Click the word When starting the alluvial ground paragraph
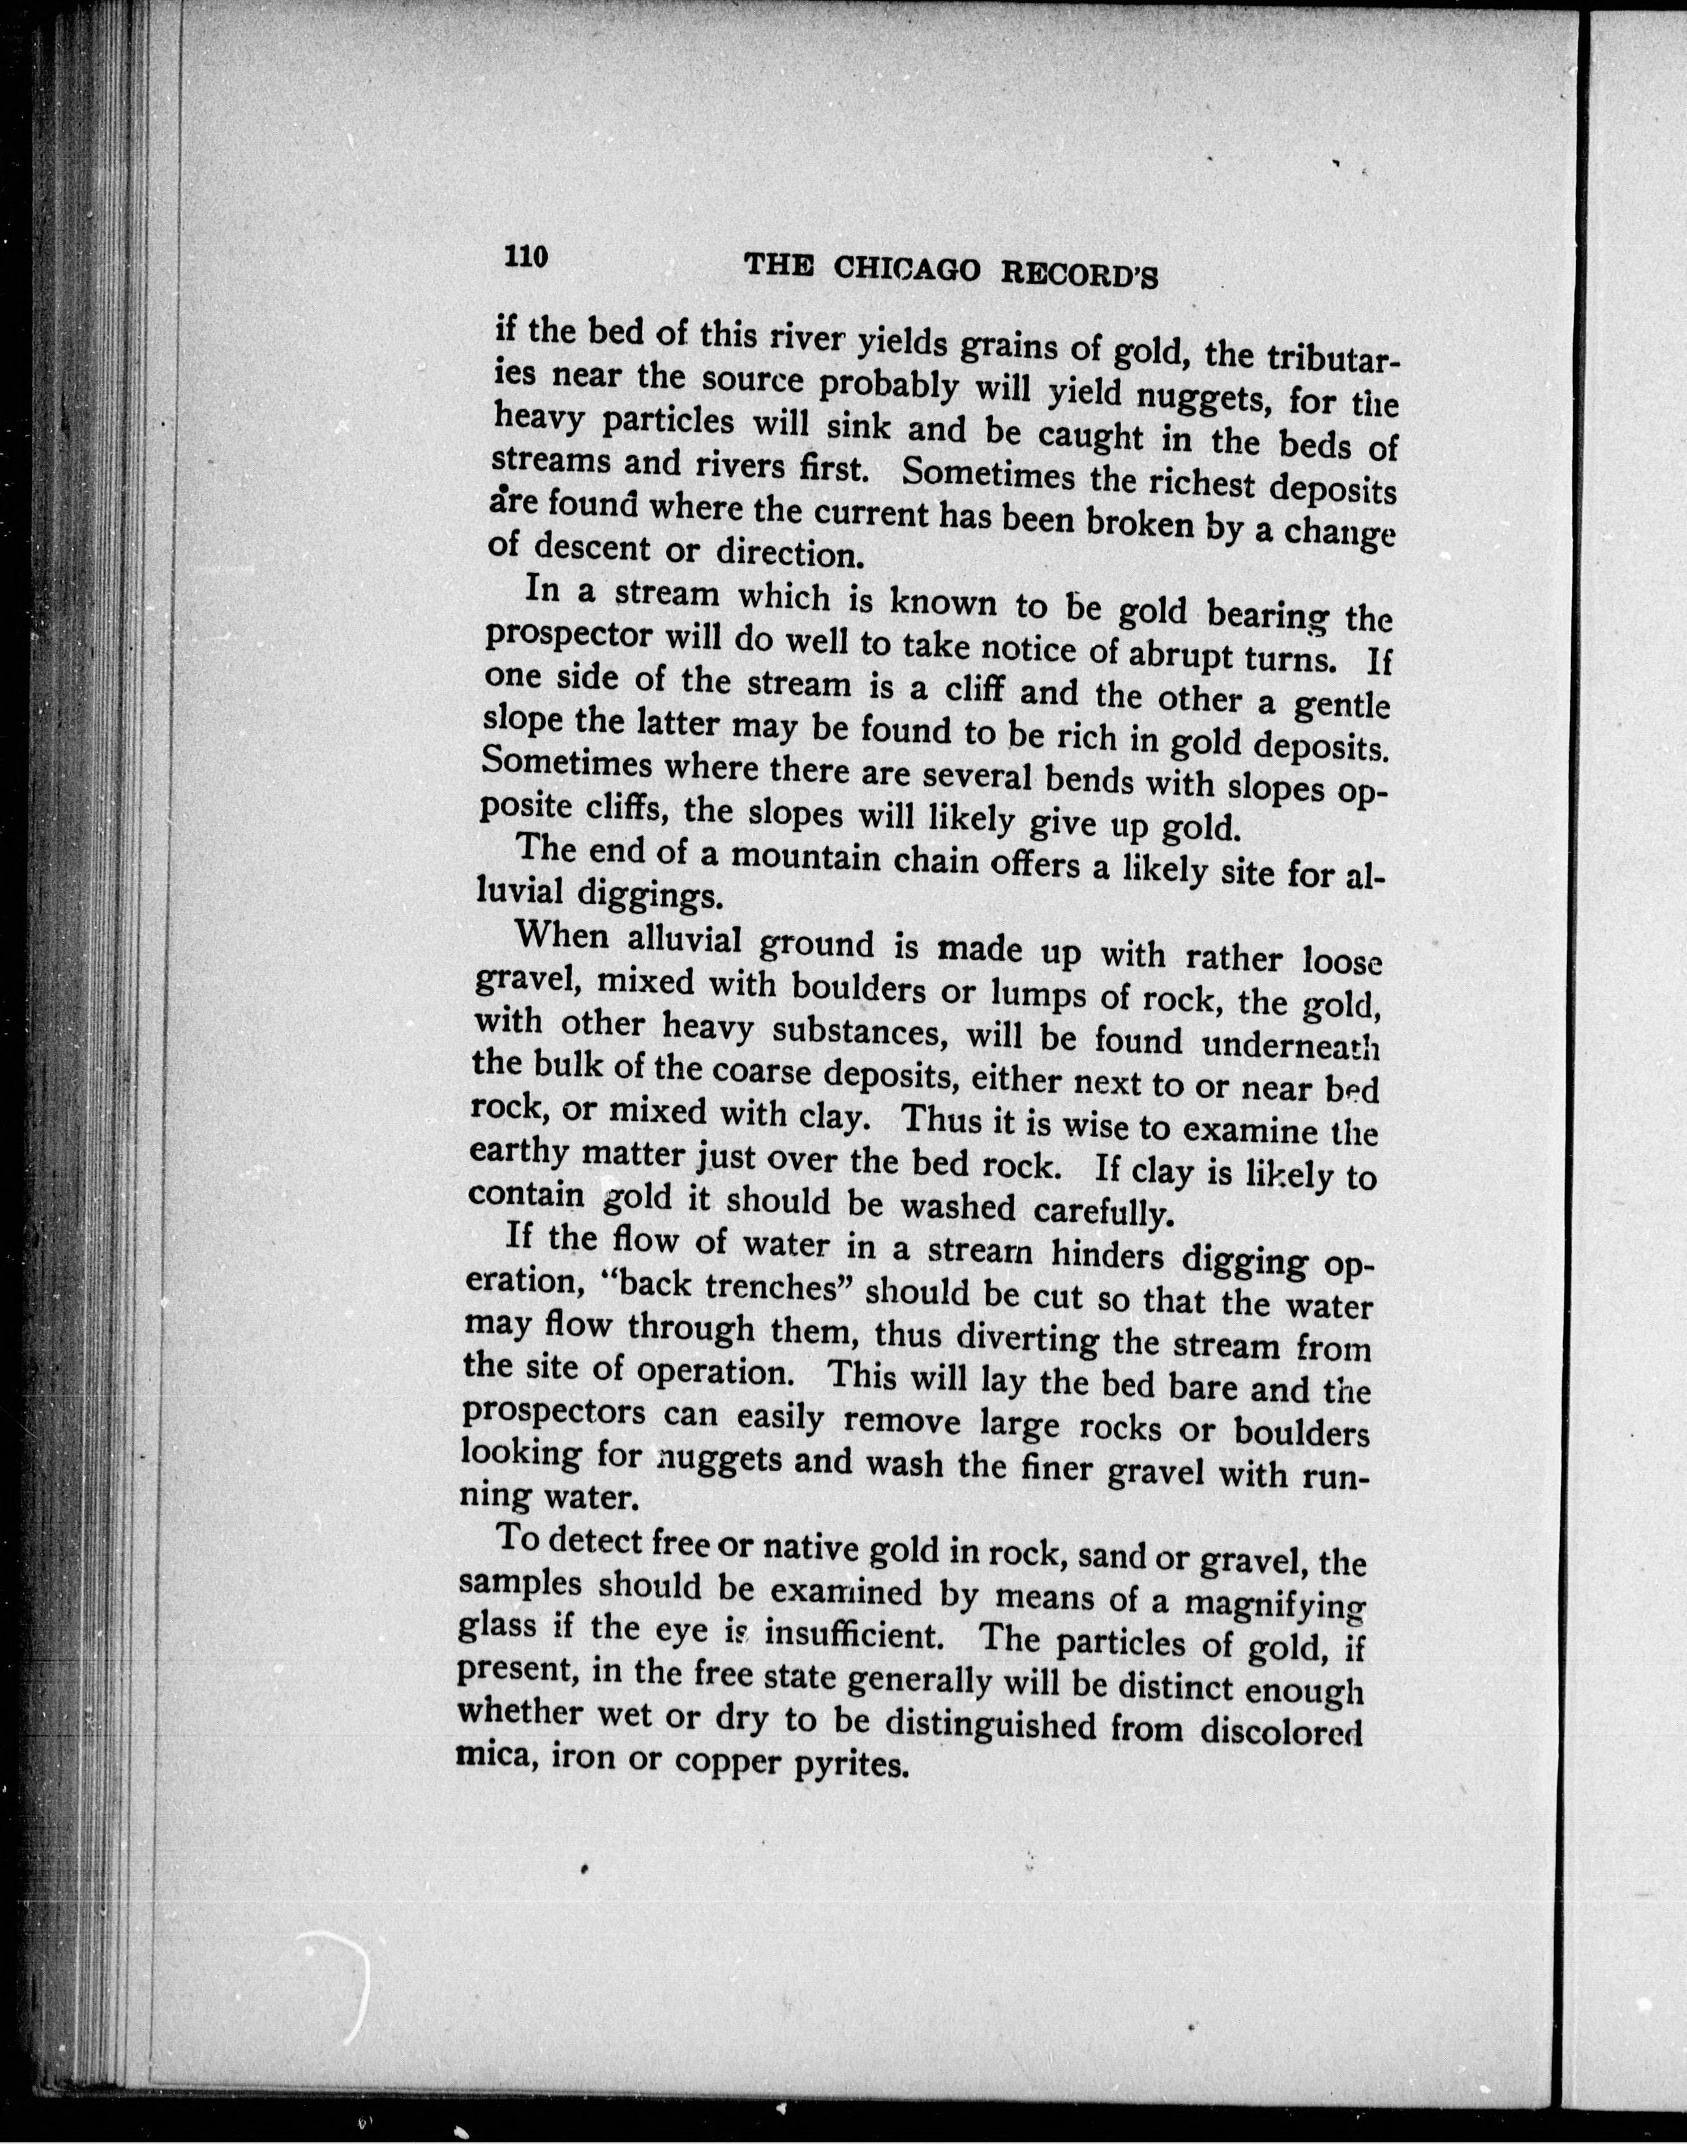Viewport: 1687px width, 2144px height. coord(561,934)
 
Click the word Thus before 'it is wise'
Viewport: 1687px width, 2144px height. coord(951,1120)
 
